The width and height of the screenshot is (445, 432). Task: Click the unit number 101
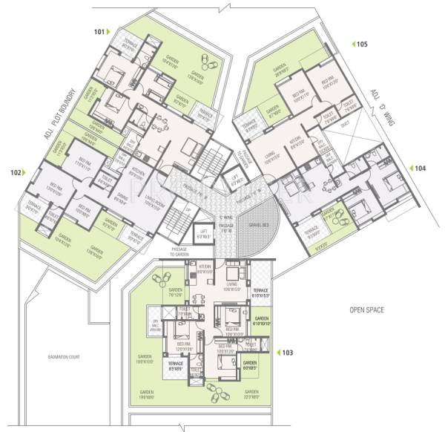(99, 32)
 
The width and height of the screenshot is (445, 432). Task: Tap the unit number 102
(16, 172)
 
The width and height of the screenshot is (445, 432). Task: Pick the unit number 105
(361, 45)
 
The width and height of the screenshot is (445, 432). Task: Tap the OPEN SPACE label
(368, 308)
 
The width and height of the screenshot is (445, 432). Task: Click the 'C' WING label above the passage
(225, 217)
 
